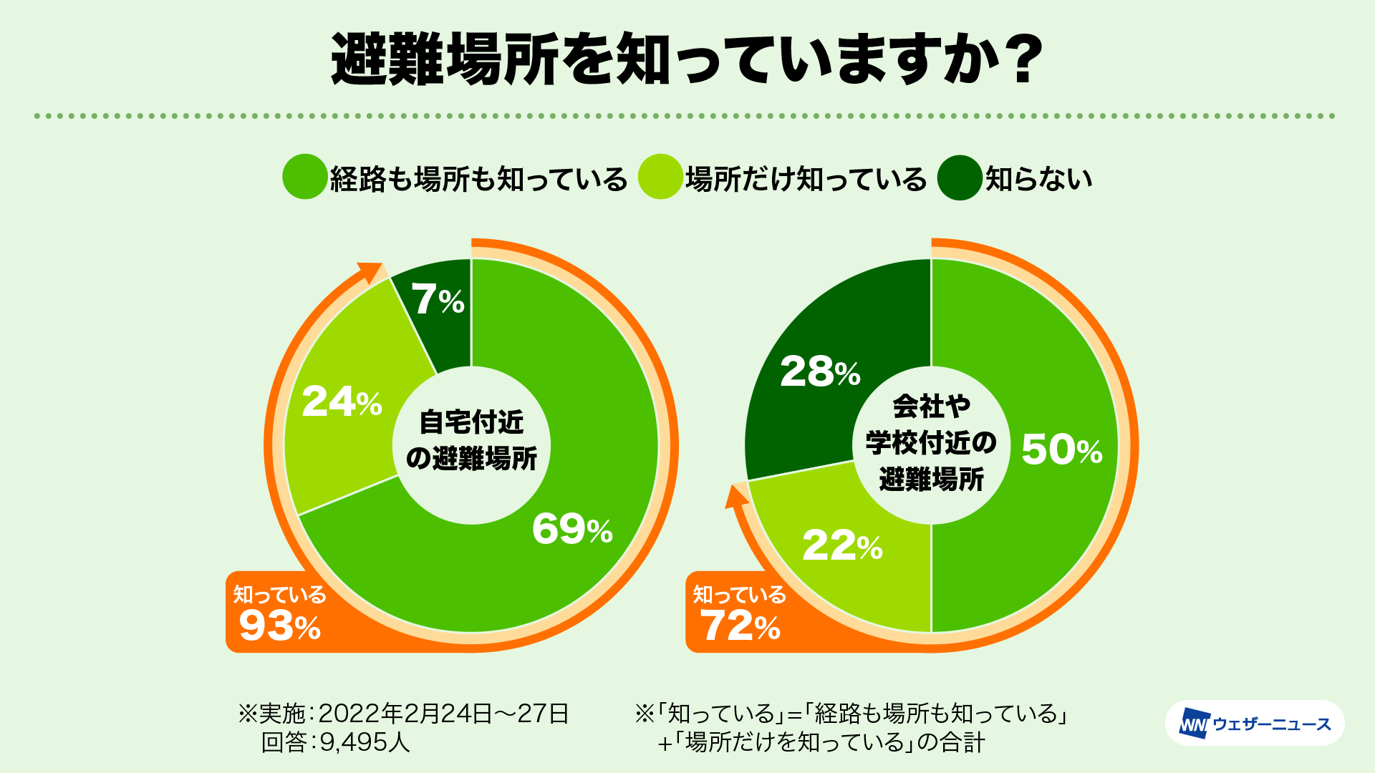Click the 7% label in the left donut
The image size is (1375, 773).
pyautogui.click(x=437, y=299)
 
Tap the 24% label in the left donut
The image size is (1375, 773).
pyautogui.click(x=342, y=402)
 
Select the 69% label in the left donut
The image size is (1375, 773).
pyautogui.click(x=571, y=530)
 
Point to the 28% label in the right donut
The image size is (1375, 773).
pyautogui.click(x=819, y=372)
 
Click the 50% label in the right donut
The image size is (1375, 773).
pyautogui.click(x=1061, y=449)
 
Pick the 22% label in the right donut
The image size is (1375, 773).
pyautogui.click(x=842, y=546)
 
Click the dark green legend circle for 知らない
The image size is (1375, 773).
pyautogui.click(x=958, y=178)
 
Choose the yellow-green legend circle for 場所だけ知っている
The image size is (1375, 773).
pyautogui.click(x=660, y=177)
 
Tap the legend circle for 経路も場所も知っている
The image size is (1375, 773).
pyautogui.click(x=305, y=177)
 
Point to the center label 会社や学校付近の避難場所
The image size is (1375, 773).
pyautogui.click(x=931, y=444)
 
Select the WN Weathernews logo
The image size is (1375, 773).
pyautogui.click(x=1255, y=724)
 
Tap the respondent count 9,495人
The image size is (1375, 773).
pyautogui.click(x=365, y=742)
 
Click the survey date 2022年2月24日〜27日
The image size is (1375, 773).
pyautogui.click(x=443, y=713)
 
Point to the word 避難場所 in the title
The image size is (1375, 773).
pyautogui.click(x=444, y=60)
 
